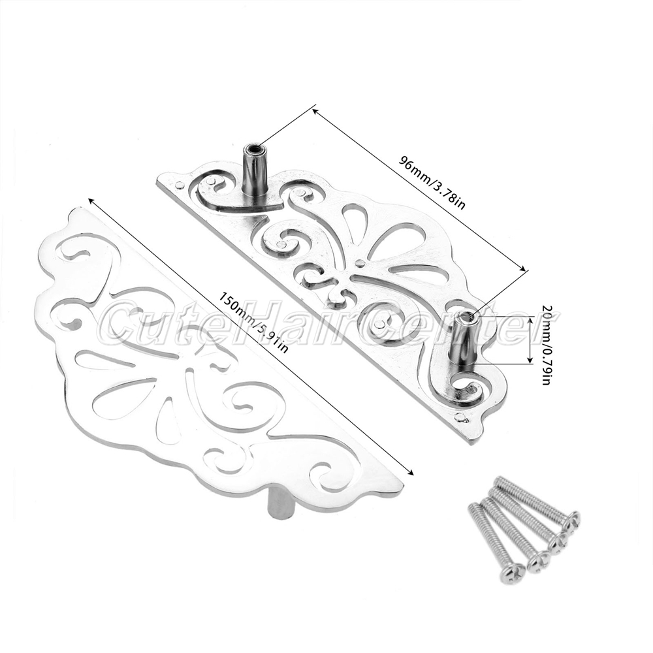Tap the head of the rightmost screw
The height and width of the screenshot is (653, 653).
pos(572,520)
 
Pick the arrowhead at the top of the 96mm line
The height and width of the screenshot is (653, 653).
pos(316,112)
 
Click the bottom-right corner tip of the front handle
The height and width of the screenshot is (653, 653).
pos(400,487)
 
